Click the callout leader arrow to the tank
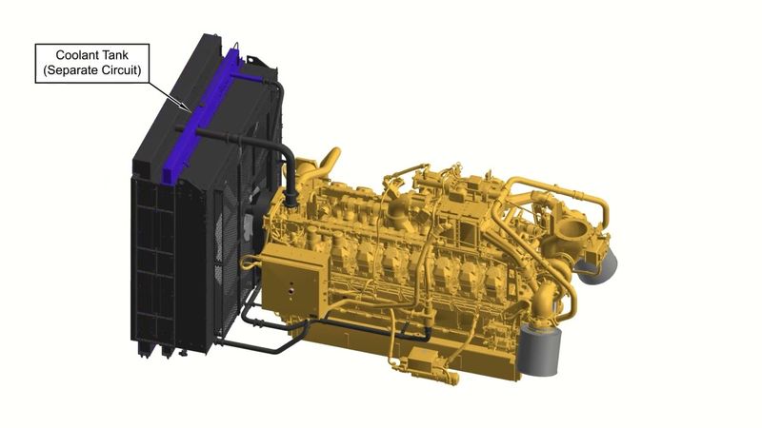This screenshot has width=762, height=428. (x=171, y=94)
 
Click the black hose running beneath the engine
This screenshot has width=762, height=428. (x=286, y=328)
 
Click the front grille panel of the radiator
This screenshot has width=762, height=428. (x=152, y=266)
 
